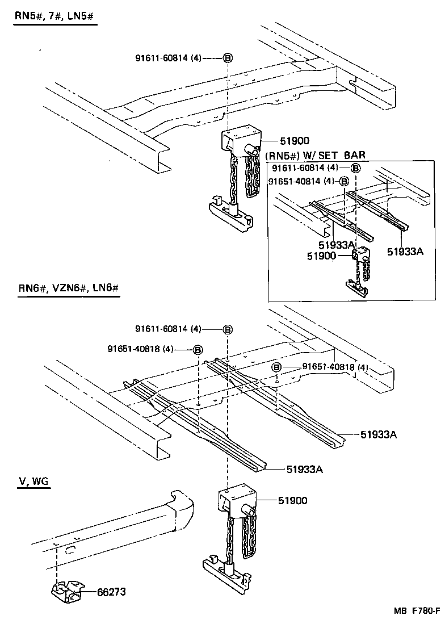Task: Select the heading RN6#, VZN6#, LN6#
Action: click(68, 288)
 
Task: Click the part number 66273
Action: click(110, 592)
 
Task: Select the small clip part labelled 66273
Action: click(66, 592)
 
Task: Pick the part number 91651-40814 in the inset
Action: click(301, 182)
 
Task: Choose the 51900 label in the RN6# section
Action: click(292, 500)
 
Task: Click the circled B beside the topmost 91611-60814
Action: click(227, 58)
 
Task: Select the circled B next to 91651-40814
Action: click(343, 182)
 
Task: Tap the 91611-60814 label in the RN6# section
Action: click(168, 329)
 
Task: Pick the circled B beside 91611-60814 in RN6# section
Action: click(227, 329)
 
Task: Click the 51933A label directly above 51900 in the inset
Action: click(337, 245)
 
